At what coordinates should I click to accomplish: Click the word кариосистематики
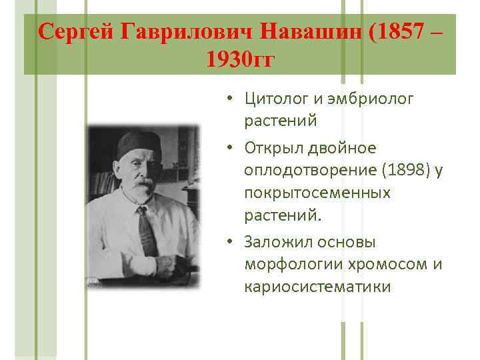(x=317, y=287)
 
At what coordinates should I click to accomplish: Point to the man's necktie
(x=146, y=230)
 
